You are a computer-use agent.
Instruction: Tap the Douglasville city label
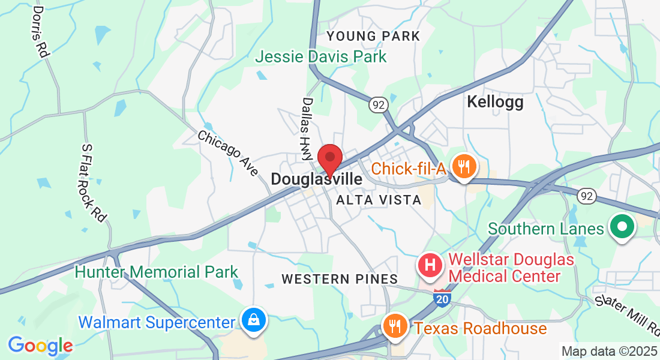coord(316,179)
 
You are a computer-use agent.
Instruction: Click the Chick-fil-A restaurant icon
coord(463,166)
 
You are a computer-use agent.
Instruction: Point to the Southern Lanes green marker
coord(622,227)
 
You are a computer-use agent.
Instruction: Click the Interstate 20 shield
coord(442,298)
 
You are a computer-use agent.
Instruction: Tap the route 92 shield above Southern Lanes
coord(587,196)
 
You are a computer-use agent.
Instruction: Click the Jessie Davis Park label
coord(321,57)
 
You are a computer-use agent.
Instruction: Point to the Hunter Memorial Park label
coord(157,272)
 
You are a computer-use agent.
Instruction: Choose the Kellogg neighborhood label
coord(495,103)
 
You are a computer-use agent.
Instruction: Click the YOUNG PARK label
coord(373,37)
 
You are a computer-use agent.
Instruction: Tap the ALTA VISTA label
coord(379,200)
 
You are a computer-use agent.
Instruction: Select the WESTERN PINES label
coord(340,279)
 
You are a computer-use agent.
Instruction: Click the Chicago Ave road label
coord(228,154)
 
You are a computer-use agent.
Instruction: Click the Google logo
coord(40,346)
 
